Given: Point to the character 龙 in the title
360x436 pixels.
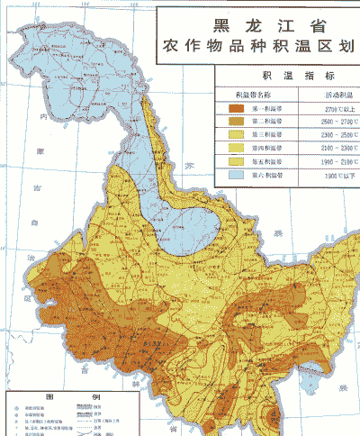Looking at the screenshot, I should coord(248,25).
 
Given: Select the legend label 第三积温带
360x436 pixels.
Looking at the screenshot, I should coord(267,134).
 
